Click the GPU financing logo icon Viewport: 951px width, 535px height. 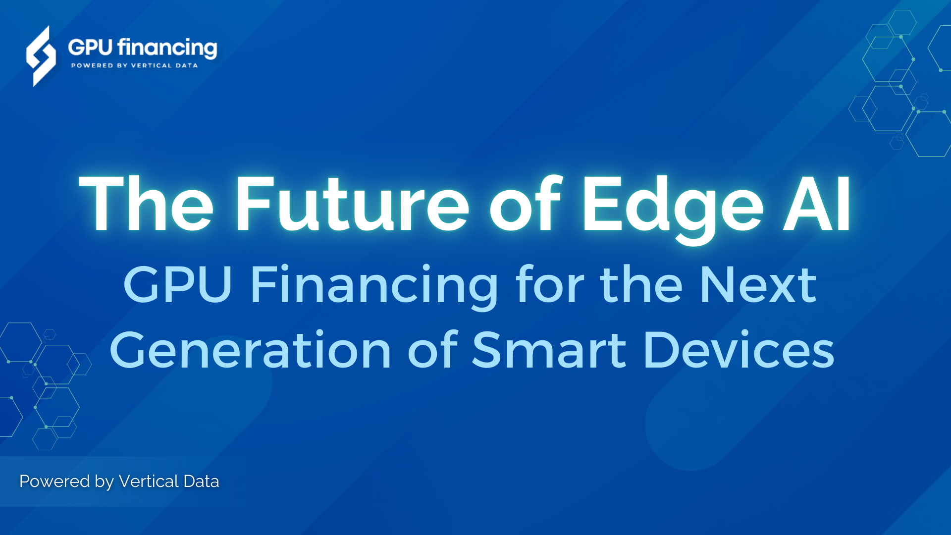(x=41, y=56)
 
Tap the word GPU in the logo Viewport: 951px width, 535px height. (x=90, y=48)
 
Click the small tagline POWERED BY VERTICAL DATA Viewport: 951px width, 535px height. (x=134, y=65)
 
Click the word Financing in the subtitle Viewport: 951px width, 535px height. (x=374, y=286)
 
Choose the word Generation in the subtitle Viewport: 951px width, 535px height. (x=251, y=351)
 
